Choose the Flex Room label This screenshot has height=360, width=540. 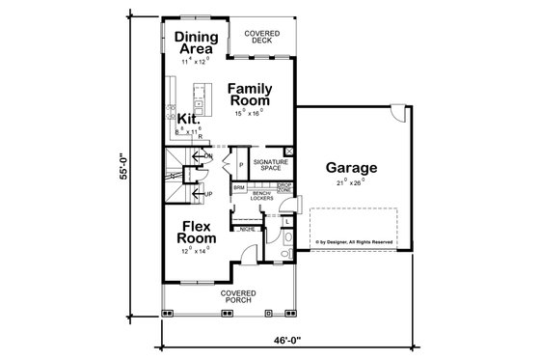[199, 235]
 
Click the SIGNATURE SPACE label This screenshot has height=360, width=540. [265, 167]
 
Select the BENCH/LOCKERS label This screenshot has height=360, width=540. [262, 196]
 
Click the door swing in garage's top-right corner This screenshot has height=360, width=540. [395, 119]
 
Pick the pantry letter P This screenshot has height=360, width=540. [241, 166]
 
